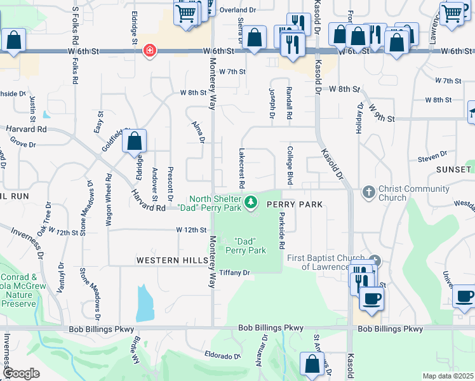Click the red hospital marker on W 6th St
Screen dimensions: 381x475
(150, 50)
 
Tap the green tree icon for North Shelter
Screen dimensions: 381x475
(252, 202)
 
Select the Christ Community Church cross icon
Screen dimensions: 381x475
(368, 191)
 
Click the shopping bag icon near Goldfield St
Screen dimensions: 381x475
(135, 140)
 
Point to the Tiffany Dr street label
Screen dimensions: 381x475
(236, 272)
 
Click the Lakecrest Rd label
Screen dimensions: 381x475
(242, 168)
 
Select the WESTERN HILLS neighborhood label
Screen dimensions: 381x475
(171, 261)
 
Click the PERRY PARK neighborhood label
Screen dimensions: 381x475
(295, 204)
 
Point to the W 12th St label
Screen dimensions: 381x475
(192, 229)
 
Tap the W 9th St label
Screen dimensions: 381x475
(381, 115)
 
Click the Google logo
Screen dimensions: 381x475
(20, 373)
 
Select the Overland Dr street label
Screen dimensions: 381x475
(237, 10)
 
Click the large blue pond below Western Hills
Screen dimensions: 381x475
(145, 302)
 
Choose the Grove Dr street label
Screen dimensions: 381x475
(22, 145)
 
